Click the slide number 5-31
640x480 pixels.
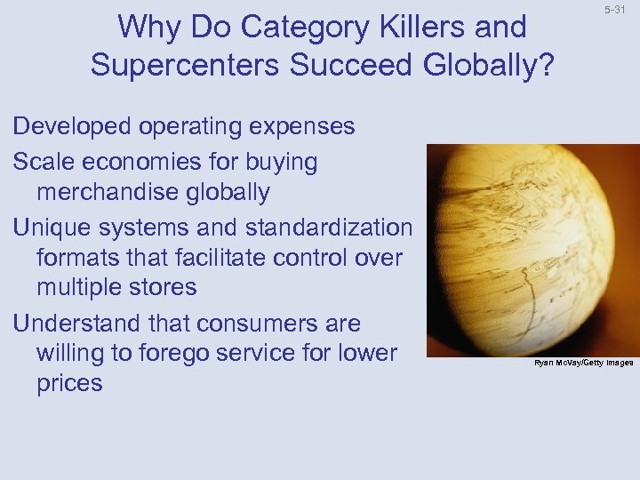[x=614, y=10]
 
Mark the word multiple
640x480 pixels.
[x=85, y=287]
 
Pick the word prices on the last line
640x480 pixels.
[x=69, y=383]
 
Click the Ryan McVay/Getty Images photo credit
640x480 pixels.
[x=583, y=363]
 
